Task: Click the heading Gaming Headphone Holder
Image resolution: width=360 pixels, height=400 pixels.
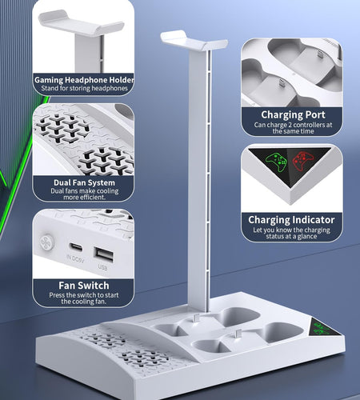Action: click(x=84, y=80)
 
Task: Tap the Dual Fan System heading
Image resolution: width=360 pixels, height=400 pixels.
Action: click(x=84, y=182)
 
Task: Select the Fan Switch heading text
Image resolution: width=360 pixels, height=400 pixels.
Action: click(x=84, y=286)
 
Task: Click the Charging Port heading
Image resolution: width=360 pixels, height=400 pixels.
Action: click(x=293, y=115)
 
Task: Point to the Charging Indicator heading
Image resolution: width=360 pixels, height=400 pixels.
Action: click(x=291, y=220)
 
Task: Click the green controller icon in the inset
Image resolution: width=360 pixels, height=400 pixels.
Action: click(x=276, y=162)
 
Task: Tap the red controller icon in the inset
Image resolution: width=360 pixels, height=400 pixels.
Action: click(x=302, y=161)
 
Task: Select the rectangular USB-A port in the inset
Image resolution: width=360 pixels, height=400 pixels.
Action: click(x=103, y=255)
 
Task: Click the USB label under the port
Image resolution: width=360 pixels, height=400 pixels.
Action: click(x=102, y=267)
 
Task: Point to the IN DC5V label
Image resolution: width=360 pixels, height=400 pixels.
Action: click(x=75, y=258)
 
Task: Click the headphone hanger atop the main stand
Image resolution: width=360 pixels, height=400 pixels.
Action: click(x=194, y=42)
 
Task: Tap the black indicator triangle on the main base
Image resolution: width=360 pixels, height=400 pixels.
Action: click(x=325, y=328)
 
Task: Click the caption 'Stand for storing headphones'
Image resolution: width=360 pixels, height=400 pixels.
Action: click(x=84, y=88)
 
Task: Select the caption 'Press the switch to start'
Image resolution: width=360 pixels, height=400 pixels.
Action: click(x=84, y=295)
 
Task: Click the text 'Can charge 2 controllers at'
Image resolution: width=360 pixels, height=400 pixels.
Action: click(x=293, y=125)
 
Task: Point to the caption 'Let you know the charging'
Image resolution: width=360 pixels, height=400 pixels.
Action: click(x=291, y=230)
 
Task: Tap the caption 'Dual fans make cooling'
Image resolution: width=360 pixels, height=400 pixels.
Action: click(x=84, y=191)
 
